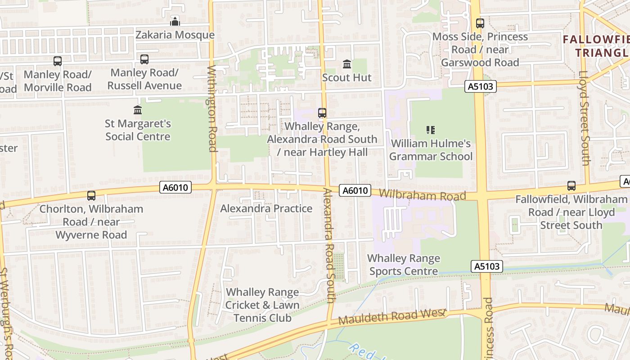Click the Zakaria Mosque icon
175,21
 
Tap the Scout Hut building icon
347,64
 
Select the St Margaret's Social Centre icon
138,110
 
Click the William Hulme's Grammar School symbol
431,130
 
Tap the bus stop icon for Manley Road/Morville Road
58,61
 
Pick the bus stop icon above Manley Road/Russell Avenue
144,59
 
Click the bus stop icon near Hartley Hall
322,113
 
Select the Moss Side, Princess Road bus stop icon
480,23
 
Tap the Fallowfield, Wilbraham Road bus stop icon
571,185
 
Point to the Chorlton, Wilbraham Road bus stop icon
91,195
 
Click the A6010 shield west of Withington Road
175,187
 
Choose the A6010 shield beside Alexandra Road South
355,191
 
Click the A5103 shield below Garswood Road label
481,86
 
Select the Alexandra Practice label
266,208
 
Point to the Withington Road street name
212,108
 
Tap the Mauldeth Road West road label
391,317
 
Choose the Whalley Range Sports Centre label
403,265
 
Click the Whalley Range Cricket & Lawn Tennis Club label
262,305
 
